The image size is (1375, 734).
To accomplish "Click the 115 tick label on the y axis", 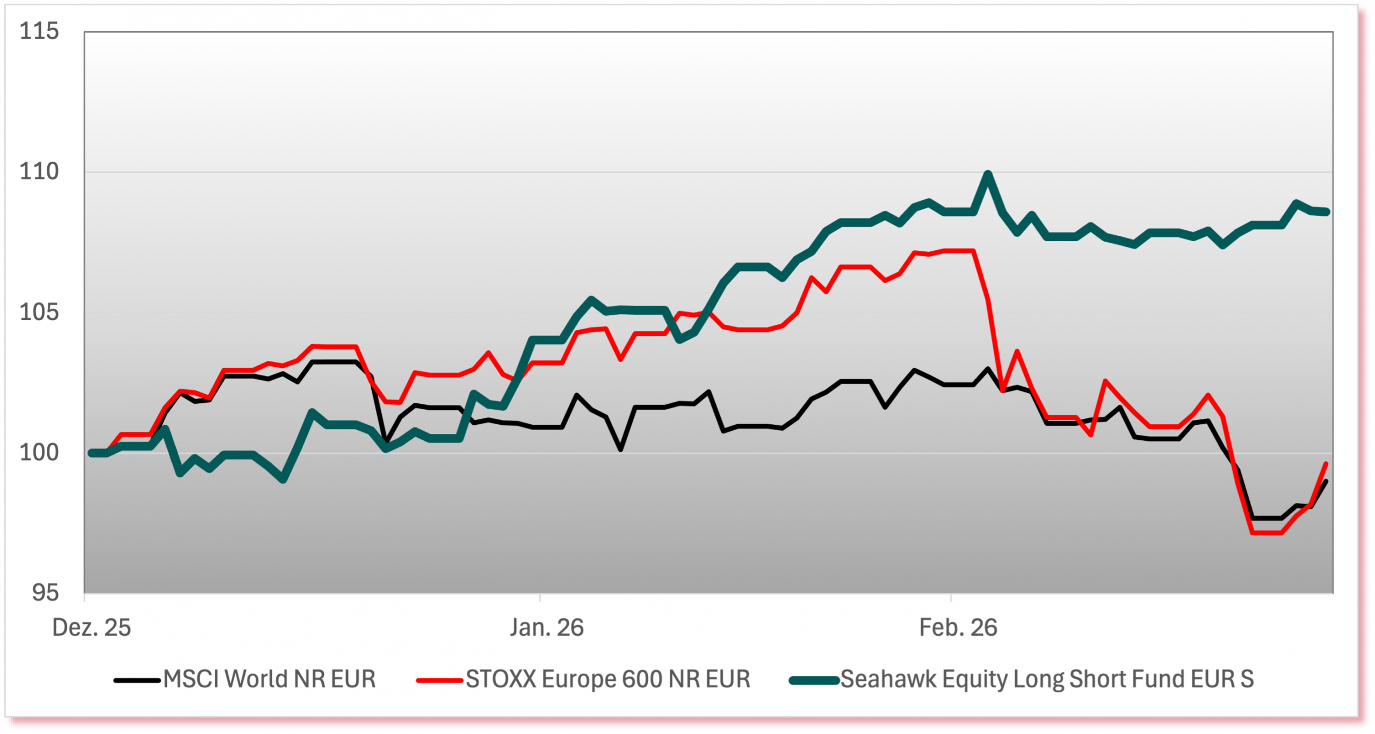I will (x=39, y=32).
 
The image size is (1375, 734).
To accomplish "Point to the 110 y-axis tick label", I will (x=39, y=172).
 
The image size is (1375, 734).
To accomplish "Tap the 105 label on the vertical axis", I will (x=39, y=313).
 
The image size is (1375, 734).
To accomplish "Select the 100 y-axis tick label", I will (x=39, y=453).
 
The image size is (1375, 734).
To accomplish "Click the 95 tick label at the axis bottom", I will (x=45, y=593).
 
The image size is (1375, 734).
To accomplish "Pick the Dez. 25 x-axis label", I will (x=91, y=628).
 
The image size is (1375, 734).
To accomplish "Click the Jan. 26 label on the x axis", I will (x=547, y=628).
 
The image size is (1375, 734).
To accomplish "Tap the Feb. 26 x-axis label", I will (x=958, y=628).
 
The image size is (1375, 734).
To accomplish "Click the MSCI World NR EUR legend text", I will (x=269, y=679).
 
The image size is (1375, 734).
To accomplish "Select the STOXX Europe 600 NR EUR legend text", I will (x=607, y=679).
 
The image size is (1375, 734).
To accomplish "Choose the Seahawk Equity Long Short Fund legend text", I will (x=1047, y=679).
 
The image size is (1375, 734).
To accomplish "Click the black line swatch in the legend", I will (x=137, y=681).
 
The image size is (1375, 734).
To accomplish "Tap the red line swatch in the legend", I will (x=439, y=681).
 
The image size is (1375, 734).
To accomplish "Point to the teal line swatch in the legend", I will (x=814, y=681).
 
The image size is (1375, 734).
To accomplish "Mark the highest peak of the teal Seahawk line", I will (x=988, y=174).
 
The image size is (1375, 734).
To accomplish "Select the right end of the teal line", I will (x=1328, y=212).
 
